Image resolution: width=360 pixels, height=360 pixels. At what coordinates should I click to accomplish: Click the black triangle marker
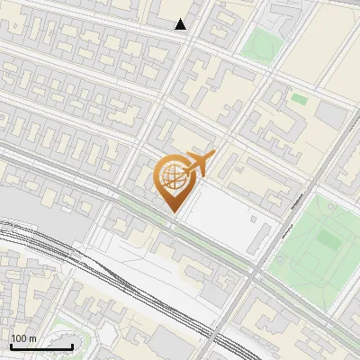tap(181, 24)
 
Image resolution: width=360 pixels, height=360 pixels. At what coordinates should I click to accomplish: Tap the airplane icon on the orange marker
tap(199, 164)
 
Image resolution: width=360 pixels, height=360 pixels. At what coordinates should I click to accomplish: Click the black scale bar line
tap(41, 346)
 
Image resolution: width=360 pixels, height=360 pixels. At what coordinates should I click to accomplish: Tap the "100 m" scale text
tap(24, 338)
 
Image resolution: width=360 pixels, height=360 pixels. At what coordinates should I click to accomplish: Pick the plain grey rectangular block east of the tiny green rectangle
tap(330, 115)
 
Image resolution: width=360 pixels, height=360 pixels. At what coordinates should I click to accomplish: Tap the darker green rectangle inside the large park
tap(328, 240)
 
